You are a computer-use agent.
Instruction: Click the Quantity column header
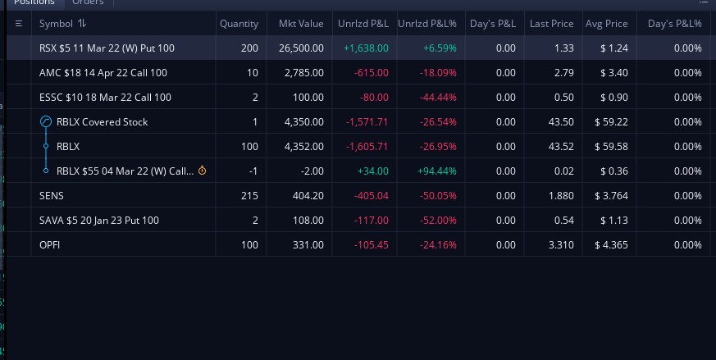239,24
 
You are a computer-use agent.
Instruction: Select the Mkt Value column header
301,24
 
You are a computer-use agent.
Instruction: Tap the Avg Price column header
606,24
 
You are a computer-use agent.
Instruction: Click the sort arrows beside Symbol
82,23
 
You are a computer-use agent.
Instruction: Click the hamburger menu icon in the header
19,23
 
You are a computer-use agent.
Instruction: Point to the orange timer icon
202,171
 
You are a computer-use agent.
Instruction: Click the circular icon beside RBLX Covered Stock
46,121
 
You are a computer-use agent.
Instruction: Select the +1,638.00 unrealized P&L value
366,48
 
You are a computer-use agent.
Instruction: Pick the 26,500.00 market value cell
301,48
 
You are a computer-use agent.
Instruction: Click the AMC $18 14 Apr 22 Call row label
103,73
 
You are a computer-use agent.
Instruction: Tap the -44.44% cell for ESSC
438,98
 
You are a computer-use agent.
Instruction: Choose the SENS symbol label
51,195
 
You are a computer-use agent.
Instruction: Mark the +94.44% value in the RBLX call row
436,171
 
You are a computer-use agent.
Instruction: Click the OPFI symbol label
49,245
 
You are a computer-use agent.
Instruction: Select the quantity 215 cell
249,195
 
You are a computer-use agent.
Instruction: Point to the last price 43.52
561,146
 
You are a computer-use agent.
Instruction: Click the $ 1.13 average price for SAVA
614,221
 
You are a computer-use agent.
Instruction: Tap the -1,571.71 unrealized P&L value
367,122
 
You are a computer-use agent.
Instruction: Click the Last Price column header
552,24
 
